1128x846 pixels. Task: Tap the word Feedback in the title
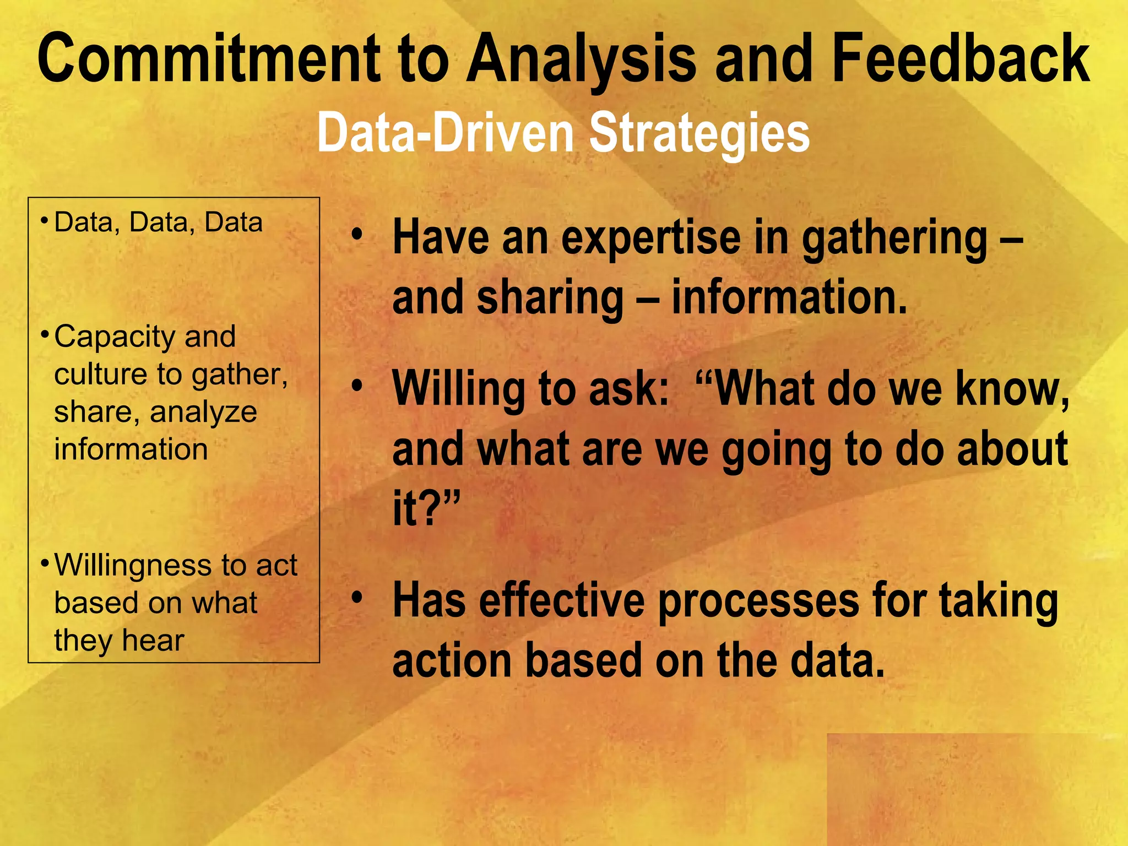click(961, 58)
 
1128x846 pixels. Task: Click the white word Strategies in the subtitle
click(699, 133)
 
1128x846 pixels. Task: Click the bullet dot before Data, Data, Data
click(44, 221)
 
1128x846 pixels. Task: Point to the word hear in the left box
click(153, 641)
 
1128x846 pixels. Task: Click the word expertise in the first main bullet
click(650, 238)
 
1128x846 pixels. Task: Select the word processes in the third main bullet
click(758, 602)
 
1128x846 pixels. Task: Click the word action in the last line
click(452, 660)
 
